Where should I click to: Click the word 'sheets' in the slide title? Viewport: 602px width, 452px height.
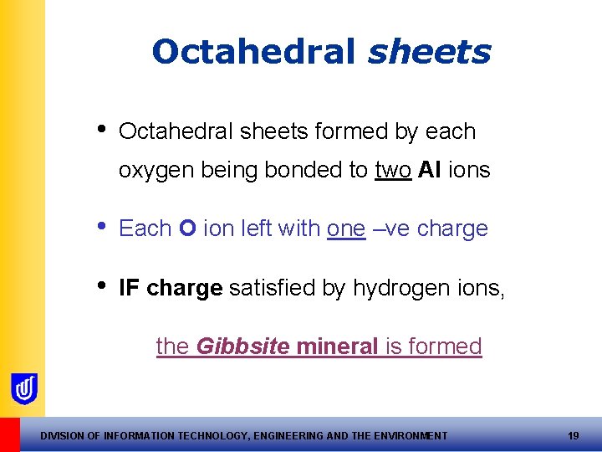pyautogui.click(x=429, y=53)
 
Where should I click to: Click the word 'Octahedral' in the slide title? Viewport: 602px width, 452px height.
pyautogui.click(x=255, y=53)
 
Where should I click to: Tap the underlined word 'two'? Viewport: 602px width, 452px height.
pyautogui.click(x=393, y=170)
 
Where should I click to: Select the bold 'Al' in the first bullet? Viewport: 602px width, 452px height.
pyautogui.click(x=430, y=170)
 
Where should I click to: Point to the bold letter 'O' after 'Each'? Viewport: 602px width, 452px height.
pyautogui.click(x=188, y=229)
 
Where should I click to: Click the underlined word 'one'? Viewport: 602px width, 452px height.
pyautogui.click(x=346, y=229)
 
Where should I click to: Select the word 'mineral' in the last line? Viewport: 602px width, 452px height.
pyautogui.click(x=338, y=346)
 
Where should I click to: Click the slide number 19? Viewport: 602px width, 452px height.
pyautogui.click(x=573, y=435)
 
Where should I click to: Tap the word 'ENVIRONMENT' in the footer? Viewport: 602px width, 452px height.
pyautogui.click(x=406, y=435)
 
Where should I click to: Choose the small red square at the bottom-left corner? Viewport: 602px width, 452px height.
pyautogui.click(x=9, y=434)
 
